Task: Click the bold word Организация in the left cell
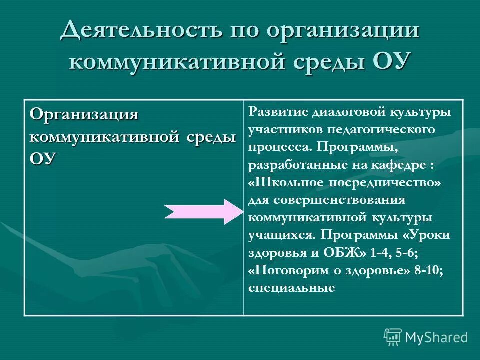point(84,114)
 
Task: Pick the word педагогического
point(379,129)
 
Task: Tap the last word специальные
point(291,288)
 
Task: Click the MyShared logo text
point(436,337)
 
